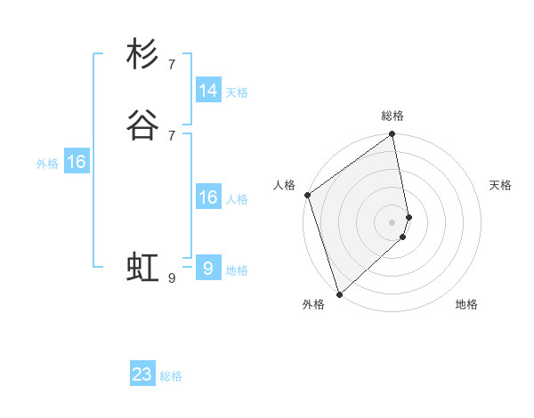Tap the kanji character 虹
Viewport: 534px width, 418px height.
click(x=142, y=268)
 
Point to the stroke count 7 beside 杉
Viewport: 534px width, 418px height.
click(x=172, y=64)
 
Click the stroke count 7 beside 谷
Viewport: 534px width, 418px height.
click(x=172, y=135)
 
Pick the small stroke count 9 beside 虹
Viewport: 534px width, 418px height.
click(x=172, y=278)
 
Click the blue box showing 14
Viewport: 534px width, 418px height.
click(x=208, y=91)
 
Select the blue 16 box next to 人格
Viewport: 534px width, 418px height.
click(x=208, y=197)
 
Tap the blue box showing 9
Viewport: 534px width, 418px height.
click(x=208, y=269)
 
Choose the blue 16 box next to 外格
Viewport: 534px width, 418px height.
click(x=77, y=162)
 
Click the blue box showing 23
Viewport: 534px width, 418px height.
click(x=142, y=374)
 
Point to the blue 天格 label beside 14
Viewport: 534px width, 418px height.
click(x=237, y=92)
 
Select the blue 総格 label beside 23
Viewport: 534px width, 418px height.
click(x=171, y=376)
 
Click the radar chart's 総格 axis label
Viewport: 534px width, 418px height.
click(x=392, y=116)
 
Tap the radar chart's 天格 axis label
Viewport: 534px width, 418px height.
click(x=501, y=185)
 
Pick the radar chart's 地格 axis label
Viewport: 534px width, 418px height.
click(x=466, y=304)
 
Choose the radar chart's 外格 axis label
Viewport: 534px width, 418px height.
click(x=313, y=304)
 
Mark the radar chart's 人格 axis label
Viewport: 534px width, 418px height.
click(x=284, y=185)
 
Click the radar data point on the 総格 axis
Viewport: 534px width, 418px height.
click(x=392, y=135)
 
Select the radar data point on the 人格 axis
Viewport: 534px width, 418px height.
click(x=307, y=195)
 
